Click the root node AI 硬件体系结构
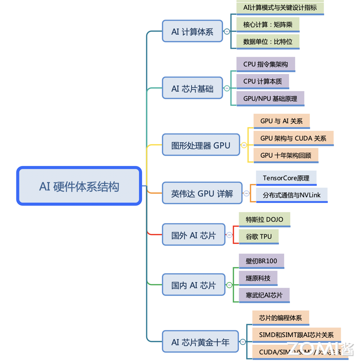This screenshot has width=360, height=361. [x=79, y=186]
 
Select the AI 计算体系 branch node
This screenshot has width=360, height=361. [x=192, y=31]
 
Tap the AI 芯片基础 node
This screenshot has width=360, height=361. [x=192, y=88]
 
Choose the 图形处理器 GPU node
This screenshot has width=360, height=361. [x=201, y=145]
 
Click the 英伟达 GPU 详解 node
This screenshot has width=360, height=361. [x=202, y=193]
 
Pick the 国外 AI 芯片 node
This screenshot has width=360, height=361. [x=193, y=235]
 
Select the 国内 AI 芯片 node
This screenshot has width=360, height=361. [x=193, y=285]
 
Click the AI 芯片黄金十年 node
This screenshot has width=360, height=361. [x=200, y=342]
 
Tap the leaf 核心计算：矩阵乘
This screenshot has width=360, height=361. [x=268, y=24]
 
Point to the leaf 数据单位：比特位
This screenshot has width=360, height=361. [x=268, y=42]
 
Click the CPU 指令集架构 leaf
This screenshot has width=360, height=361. [x=266, y=64]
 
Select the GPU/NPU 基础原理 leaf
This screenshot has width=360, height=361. [x=270, y=99]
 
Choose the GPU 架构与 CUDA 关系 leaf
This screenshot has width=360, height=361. [x=293, y=138]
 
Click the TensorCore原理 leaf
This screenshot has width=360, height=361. [x=286, y=178]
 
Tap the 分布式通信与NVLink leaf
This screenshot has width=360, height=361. [x=292, y=195]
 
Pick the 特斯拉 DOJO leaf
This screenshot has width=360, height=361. [x=264, y=219]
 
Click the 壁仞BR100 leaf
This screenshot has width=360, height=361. [x=261, y=261]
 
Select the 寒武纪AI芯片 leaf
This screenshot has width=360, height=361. [x=264, y=295]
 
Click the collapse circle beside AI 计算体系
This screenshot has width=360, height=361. [x=227, y=31]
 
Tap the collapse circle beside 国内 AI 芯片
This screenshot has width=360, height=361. [x=229, y=285]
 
